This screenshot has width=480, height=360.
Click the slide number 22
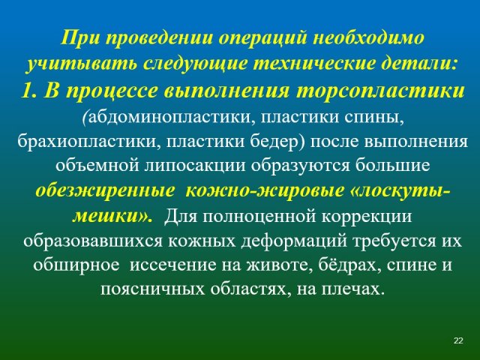458,340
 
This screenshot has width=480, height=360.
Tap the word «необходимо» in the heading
369,38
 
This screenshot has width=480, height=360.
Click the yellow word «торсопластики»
380,91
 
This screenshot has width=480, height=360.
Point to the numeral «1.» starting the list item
30,91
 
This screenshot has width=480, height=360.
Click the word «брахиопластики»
88,142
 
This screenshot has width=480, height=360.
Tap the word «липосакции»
195,166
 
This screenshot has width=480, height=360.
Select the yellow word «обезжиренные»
104,191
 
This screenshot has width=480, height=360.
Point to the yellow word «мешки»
106,216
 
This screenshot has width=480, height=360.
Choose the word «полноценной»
258,217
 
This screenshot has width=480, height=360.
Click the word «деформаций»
294,241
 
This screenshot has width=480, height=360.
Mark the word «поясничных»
152,289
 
